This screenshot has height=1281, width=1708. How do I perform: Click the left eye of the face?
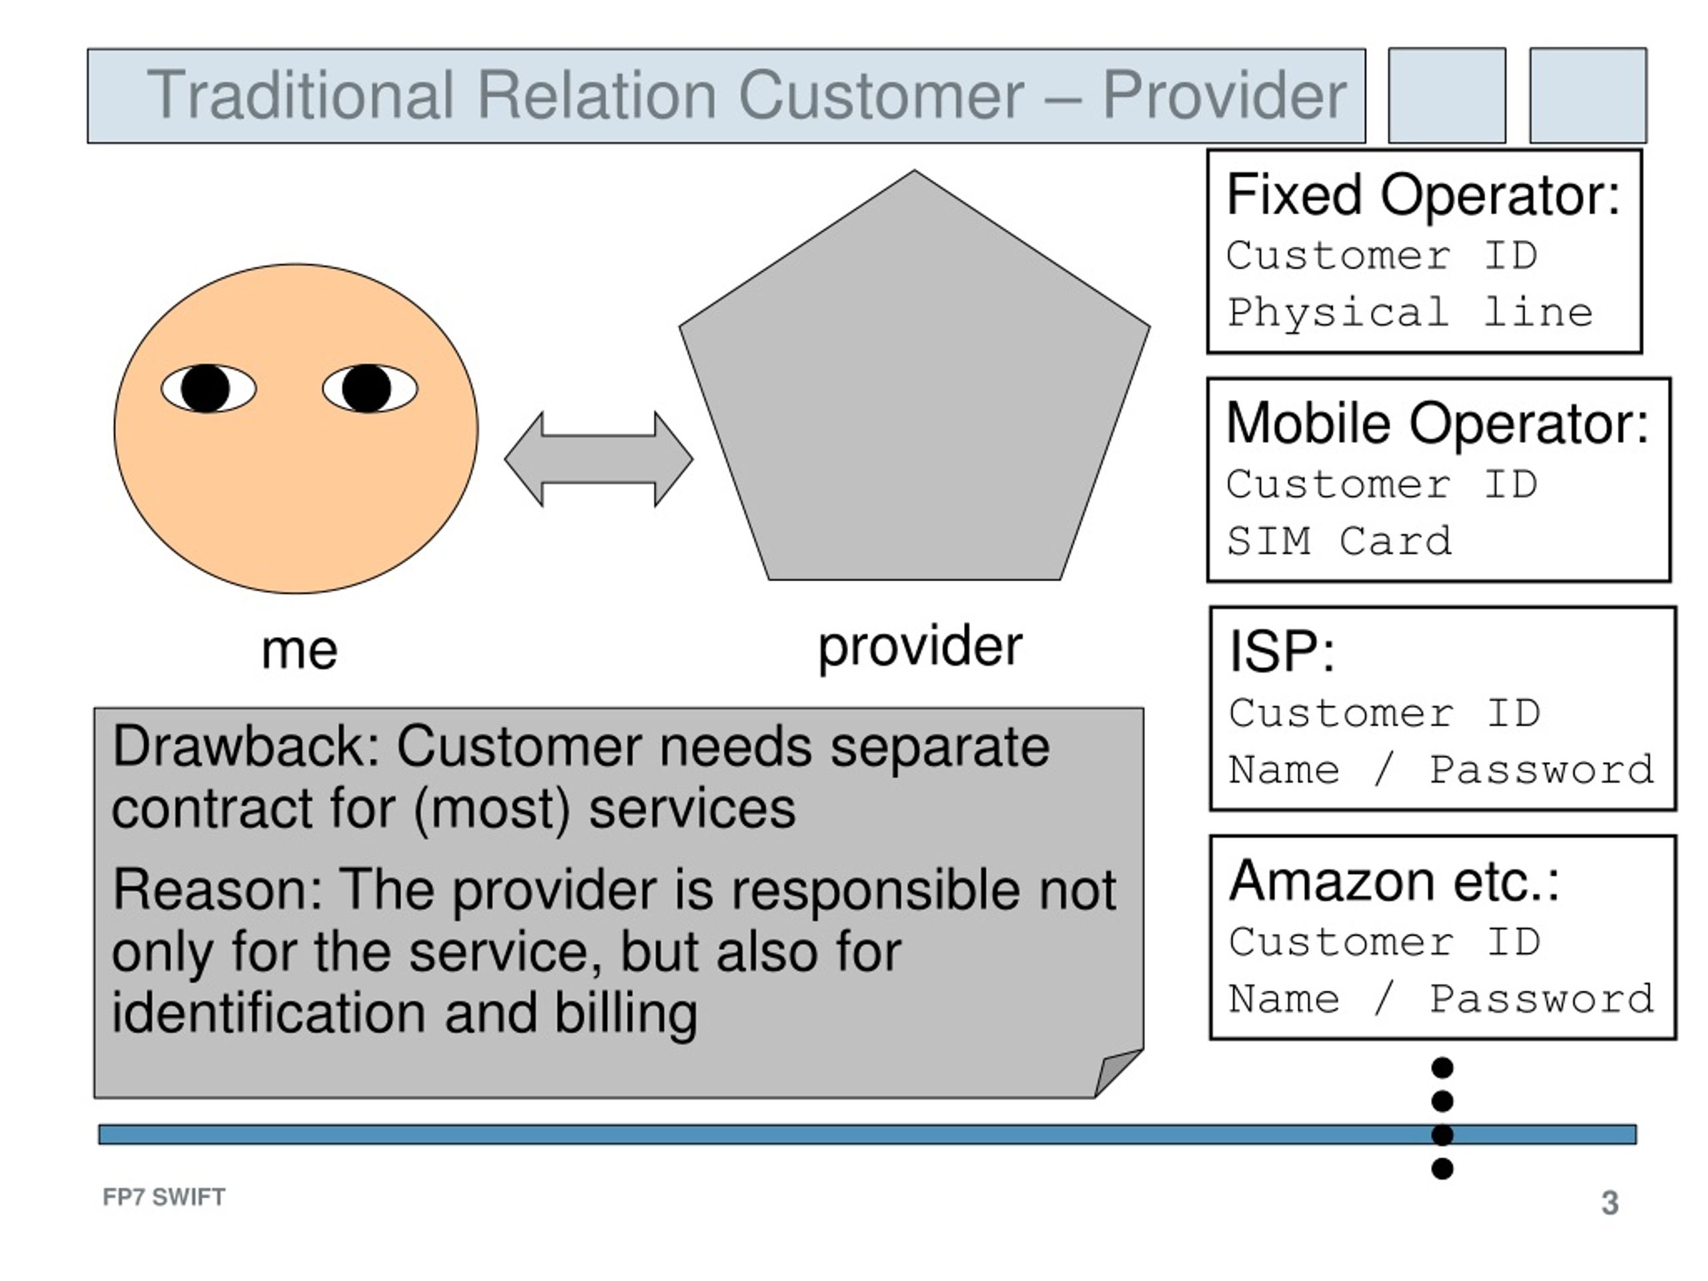click(208, 388)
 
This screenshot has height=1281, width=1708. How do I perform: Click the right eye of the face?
click(370, 388)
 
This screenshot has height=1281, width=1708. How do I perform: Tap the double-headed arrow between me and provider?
click(598, 460)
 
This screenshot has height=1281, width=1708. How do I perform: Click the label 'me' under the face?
click(300, 650)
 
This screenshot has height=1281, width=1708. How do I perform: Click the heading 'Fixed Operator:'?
click(1423, 195)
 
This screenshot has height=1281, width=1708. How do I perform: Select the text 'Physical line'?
click(1410, 313)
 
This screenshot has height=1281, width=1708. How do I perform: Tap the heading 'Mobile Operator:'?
click(1438, 423)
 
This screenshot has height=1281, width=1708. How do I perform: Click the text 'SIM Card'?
click(1340, 540)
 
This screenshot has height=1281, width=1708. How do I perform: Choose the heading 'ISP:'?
click(1282, 652)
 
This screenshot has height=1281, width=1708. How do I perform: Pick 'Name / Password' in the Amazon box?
click(1442, 998)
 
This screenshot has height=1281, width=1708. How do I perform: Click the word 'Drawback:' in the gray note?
click(246, 747)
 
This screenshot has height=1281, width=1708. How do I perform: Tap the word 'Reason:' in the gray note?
click(217, 889)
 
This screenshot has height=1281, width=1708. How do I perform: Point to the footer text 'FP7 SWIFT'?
click(163, 1197)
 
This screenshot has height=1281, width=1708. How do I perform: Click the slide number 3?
click(1610, 1203)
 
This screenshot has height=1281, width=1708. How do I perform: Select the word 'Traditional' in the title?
click(300, 95)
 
